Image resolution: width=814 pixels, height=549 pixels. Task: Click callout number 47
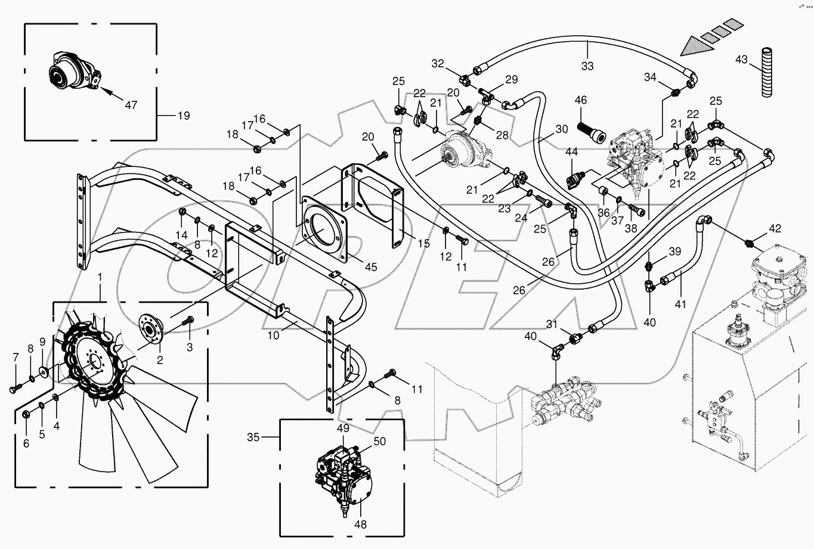(x=131, y=105)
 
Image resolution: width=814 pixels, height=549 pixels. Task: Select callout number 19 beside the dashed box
(x=184, y=116)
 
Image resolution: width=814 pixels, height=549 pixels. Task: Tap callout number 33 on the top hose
(x=587, y=66)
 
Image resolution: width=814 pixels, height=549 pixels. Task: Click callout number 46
(x=580, y=100)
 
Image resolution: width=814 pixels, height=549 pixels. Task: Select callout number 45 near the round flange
(x=371, y=267)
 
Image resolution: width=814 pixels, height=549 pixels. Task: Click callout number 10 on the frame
(x=273, y=336)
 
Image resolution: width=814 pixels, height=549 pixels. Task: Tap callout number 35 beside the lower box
(x=253, y=437)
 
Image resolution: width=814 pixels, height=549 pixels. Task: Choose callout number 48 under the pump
(x=360, y=525)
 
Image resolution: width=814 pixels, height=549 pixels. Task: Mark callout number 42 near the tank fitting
(x=774, y=228)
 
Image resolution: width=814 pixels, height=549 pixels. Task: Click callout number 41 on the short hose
(x=680, y=304)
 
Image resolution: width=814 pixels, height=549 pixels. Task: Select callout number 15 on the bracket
(x=424, y=243)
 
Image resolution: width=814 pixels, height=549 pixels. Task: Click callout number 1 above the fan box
(x=100, y=277)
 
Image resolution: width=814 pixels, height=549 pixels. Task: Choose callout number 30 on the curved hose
(x=561, y=128)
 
